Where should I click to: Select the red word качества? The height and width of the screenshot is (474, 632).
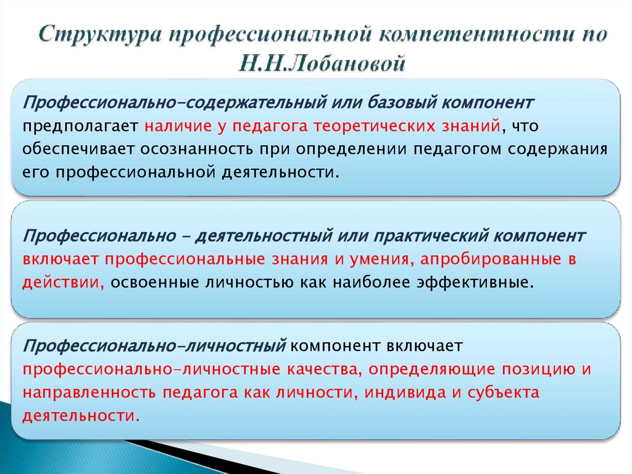coord(322,369)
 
